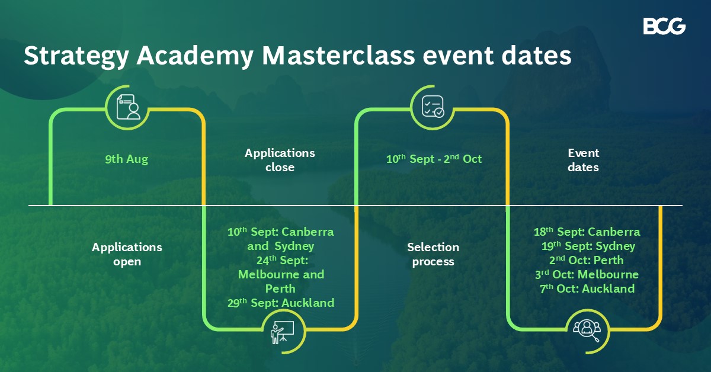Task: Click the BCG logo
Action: (x=664, y=27)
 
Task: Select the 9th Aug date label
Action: (x=127, y=159)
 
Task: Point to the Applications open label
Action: (x=127, y=254)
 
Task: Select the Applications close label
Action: (x=280, y=160)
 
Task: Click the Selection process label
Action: (x=433, y=254)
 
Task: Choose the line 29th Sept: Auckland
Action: (x=281, y=303)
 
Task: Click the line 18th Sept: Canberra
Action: (x=587, y=232)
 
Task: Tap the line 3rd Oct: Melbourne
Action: (x=586, y=274)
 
